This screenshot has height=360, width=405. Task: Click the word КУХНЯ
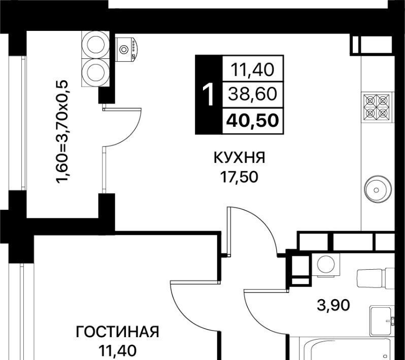240,158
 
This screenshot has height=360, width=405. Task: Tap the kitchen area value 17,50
239,177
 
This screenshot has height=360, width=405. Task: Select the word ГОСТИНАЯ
118,332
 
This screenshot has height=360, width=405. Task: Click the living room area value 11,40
118,350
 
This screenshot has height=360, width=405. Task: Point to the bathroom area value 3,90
333,305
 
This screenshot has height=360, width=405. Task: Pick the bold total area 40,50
253,121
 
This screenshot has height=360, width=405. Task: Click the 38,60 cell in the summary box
253,94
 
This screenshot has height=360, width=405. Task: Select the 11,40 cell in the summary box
252,70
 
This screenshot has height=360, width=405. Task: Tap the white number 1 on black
209,94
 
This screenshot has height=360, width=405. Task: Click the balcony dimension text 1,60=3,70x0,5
62,132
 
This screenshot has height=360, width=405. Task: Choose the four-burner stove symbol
377,107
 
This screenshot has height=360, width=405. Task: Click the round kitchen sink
378,190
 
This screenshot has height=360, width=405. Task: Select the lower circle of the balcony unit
95,73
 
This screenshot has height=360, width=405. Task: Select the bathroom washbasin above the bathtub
382,321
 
